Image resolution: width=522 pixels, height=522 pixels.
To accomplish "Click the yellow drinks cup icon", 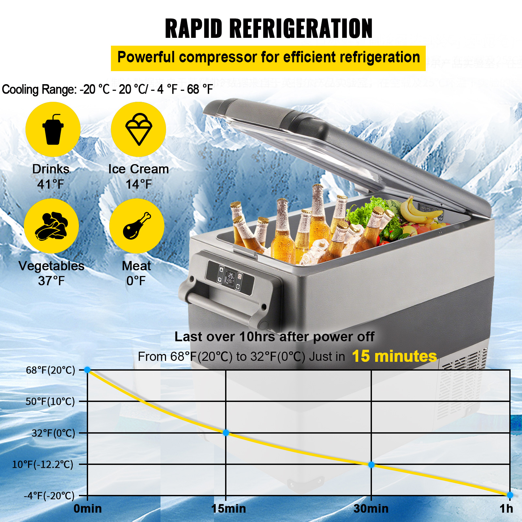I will coord(53,129).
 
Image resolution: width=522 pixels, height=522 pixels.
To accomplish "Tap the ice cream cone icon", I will coord(139,129).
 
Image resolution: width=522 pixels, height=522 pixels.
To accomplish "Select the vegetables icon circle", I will coord(51,226).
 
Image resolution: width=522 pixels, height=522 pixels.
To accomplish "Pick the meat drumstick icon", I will coord(137,226).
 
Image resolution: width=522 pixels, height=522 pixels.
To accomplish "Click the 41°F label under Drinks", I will coord(51,184).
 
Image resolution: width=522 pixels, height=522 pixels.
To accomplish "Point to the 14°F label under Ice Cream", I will coord(139,184).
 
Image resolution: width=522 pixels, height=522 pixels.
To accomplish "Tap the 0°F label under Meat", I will coord(136,281).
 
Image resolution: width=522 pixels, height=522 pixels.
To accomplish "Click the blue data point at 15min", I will coord(226,433).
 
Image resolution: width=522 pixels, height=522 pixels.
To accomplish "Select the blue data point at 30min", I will coord(371,465).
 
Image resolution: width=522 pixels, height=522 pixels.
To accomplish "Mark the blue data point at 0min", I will coord(87,370).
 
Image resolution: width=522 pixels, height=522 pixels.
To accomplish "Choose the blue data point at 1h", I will coord(510,495).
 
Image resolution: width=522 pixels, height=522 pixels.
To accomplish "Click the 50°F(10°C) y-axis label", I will coord(50,401).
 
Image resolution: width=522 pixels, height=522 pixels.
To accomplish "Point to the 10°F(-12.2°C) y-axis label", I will coord(43,464).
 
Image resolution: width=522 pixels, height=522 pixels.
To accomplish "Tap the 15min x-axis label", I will coord(228,509).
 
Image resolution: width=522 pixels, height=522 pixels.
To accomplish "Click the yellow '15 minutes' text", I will coord(394,356).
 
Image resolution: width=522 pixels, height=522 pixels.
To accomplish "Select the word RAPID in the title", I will coord(194,29).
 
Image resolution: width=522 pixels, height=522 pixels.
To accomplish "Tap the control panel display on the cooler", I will coord(230,278).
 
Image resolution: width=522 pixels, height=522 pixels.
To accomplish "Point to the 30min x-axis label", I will coord(371,509).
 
